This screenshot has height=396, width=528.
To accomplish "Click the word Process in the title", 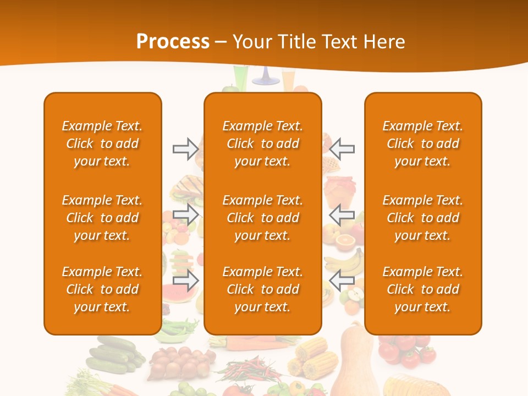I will click(x=173, y=42).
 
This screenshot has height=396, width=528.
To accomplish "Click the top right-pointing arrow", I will click(x=185, y=148).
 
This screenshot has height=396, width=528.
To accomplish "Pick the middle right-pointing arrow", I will click(x=185, y=215).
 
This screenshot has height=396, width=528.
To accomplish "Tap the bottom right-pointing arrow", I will click(x=185, y=280).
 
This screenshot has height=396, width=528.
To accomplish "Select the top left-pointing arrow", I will click(x=342, y=148).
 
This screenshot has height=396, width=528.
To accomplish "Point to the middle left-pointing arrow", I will click(x=342, y=215).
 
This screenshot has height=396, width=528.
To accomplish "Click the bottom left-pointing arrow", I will click(x=342, y=280).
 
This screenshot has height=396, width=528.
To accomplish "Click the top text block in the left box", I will click(x=102, y=144).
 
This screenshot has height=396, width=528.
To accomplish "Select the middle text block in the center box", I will click(x=263, y=218).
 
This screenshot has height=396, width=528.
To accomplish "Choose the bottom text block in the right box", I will click(x=422, y=289).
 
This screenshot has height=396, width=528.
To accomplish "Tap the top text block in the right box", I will click(x=422, y=144).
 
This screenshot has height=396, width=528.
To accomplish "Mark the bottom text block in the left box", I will click(x=102, y=289).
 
